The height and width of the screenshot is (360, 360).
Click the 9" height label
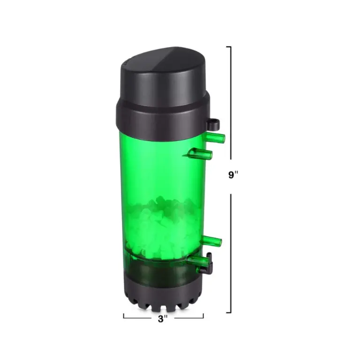click(233, 175)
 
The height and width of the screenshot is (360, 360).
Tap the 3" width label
click(163, 319)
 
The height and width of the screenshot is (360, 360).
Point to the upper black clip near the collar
click(213, 124)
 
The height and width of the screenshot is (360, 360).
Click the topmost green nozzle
click(215, 137)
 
